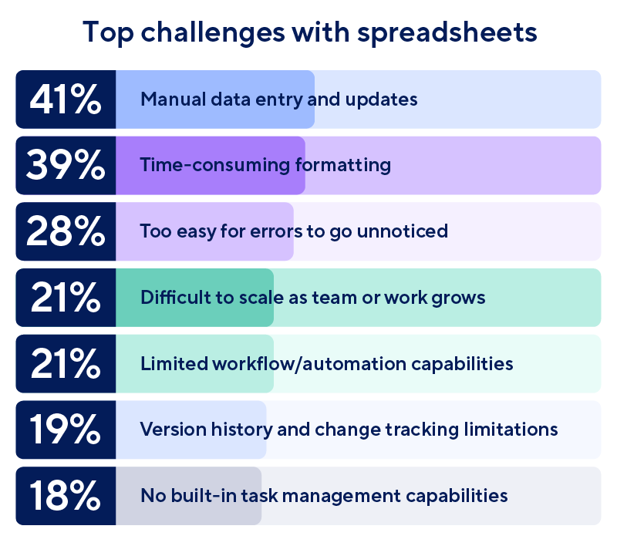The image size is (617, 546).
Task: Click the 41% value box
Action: pos(66,99)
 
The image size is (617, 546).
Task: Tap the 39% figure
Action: pos(66,166)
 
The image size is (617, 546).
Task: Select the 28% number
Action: pos(66,231)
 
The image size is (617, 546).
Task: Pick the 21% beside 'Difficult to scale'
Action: pos(66,298)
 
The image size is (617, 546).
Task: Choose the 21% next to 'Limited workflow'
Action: pos(66,363)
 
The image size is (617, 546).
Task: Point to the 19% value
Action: pos(66,430)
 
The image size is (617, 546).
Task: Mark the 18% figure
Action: pos(66,496)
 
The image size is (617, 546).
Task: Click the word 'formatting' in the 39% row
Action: pos(343,166)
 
